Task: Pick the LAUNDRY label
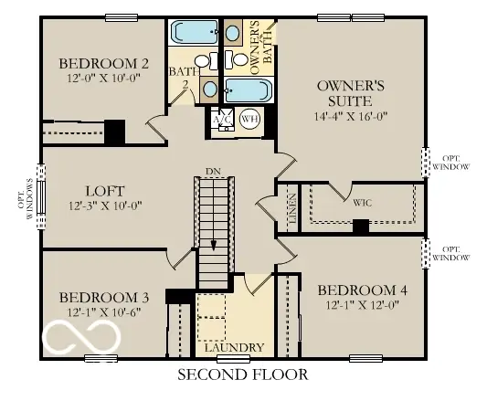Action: click(235, 348)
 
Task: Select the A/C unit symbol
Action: click(220, 120)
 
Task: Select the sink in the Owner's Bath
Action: click(231, 35)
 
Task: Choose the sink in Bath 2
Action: click(209, 90)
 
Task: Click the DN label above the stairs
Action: click(213, 171)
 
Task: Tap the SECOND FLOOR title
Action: click(242, 375)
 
